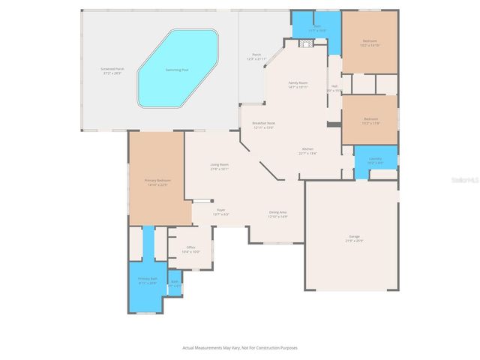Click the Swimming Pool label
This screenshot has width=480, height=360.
tap(178, 70)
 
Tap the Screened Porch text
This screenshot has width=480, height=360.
tap(112, 69)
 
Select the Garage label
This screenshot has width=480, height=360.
tap(354, 238)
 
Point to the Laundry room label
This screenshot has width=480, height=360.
tap(375, 159)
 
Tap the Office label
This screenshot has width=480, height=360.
tap(190, 247)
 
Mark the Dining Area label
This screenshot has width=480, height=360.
tap(278, 213)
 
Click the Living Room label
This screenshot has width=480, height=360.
tap(219, 164)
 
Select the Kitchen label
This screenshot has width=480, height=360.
tap(307, 150)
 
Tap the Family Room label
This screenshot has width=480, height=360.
tap(298, 83)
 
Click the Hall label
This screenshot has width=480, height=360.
tap(334, 87)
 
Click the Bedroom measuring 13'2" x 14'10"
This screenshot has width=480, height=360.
tap(370, 41)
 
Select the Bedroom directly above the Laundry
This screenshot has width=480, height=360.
tap(370, 119)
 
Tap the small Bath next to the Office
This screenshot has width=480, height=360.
tap(174, 282)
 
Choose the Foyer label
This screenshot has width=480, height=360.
tap(221, 210)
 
